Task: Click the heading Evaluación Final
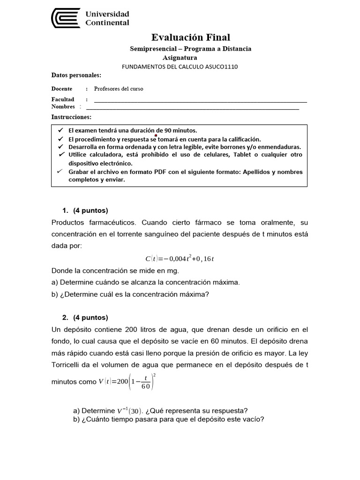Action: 191,37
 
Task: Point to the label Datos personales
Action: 76,75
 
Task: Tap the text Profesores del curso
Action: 119,89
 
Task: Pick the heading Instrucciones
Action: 71,117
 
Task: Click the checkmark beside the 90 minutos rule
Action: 60,130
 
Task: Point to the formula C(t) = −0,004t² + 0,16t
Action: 180,259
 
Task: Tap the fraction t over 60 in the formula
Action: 145,382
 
